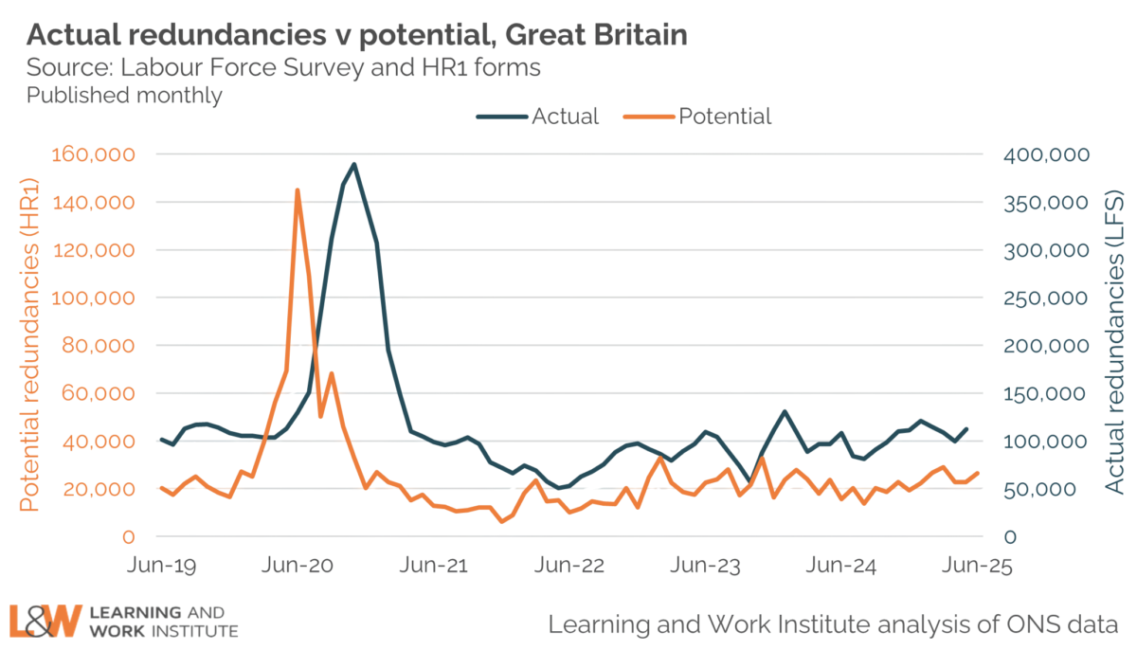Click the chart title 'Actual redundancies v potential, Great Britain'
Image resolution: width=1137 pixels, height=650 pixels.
point(356,37)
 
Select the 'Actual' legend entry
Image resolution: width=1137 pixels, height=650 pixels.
point(565,117)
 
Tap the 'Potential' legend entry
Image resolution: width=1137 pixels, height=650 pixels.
point(725,117)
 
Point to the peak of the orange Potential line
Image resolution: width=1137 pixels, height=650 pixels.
point(297,190)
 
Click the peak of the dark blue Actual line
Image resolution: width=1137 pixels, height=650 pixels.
point(354,163)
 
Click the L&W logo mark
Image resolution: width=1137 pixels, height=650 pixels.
point(44,621)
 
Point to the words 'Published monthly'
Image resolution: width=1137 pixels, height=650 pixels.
point(124,96)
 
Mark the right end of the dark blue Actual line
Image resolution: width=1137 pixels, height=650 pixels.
point(967,428)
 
